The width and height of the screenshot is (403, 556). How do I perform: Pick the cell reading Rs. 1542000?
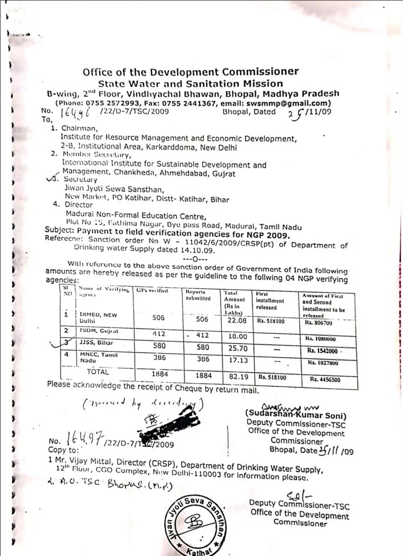[322, 350]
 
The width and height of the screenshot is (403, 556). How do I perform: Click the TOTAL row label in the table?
[98, 372]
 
